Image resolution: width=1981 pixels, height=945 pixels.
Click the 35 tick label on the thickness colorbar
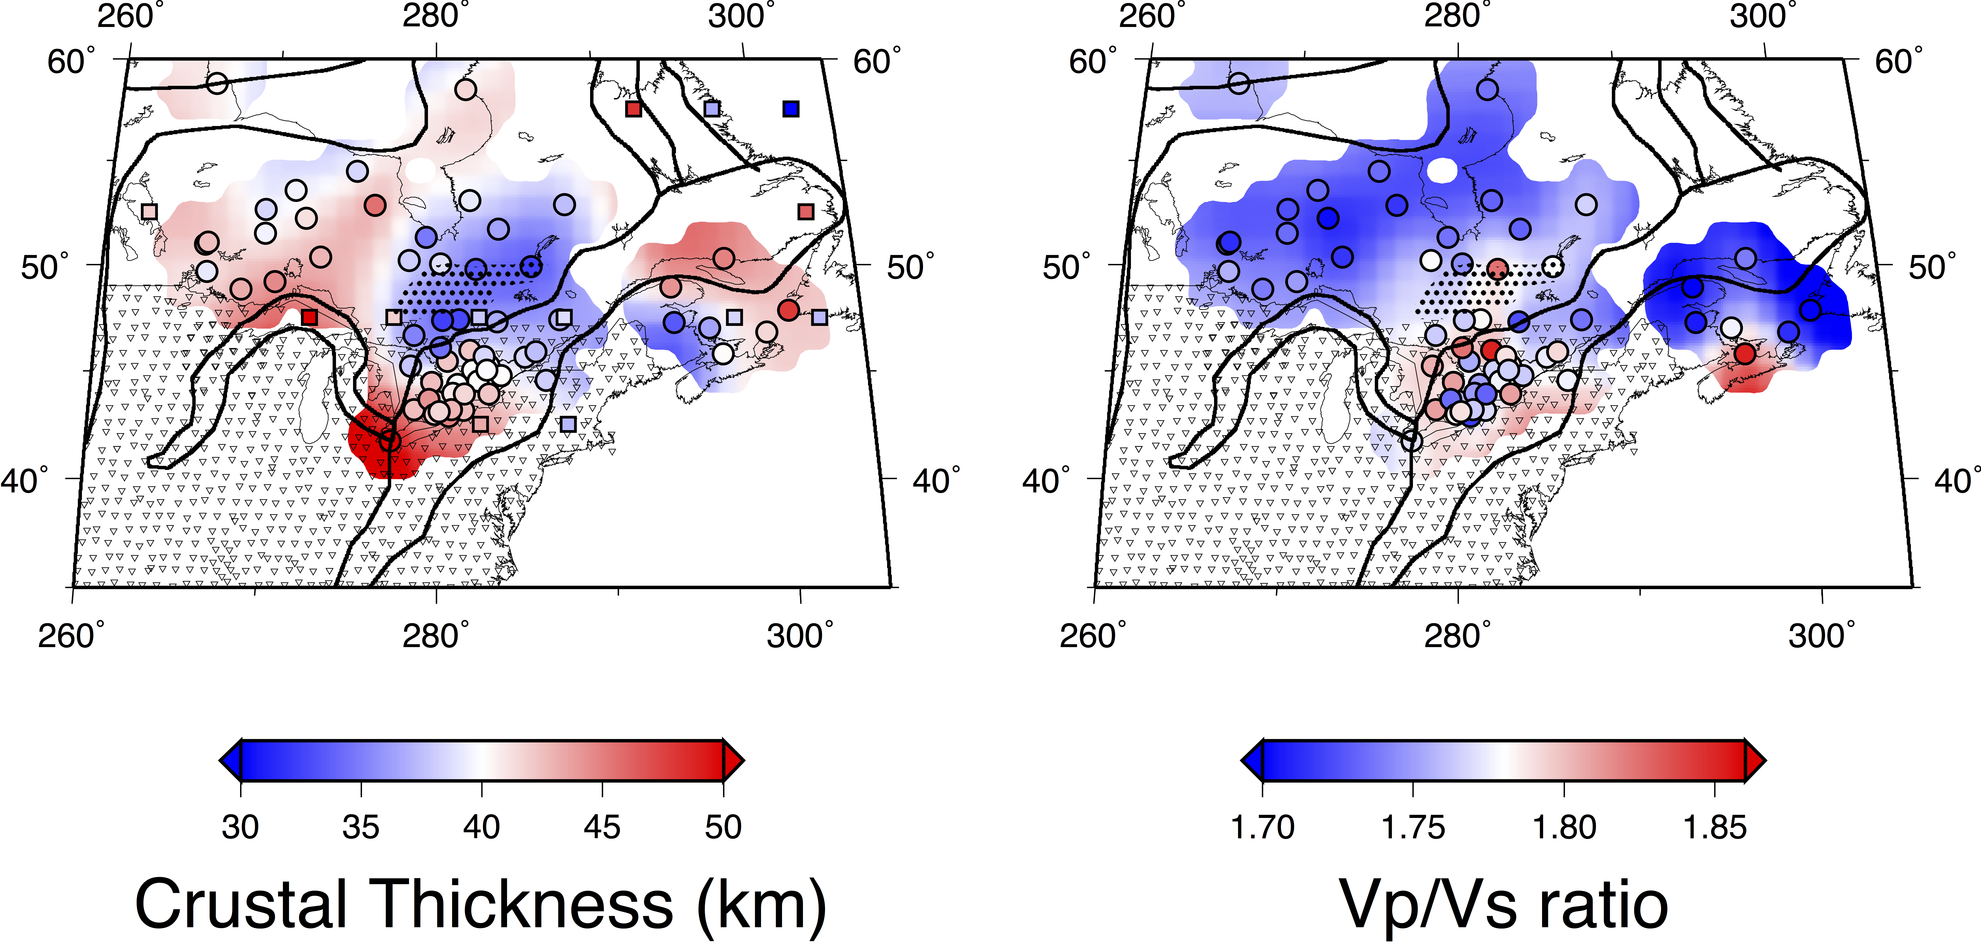coord(361,827)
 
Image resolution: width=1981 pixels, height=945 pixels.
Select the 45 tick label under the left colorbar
coord(602,827)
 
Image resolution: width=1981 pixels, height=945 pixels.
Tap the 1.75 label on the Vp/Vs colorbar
coord(1414,827)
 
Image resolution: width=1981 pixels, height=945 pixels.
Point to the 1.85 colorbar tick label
coord(1715,827)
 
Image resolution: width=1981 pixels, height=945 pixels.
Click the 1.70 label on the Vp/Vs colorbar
coord(1263,827)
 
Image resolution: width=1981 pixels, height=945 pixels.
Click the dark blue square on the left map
coord(791,109)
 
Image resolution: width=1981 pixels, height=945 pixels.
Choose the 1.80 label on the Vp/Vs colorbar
coord(1564,827)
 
